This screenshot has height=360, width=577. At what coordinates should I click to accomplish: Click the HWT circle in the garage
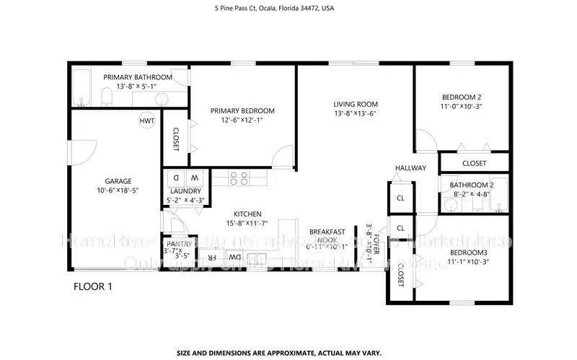pos(147,120)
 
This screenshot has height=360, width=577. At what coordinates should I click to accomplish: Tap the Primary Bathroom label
pos(137,77)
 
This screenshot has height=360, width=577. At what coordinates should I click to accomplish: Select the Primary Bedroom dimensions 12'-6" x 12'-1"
pos(242,120)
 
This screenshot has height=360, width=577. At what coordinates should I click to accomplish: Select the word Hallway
pos(410,168)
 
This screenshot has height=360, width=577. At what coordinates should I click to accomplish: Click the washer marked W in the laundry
pos(194,177)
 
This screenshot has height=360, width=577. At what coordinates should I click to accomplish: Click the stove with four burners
pos(239,177)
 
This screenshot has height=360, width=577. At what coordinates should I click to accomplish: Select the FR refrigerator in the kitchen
pos(212,258)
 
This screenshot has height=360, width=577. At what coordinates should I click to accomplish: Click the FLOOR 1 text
pos(93,286)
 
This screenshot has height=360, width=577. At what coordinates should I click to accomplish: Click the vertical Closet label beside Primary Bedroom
pos(175,139)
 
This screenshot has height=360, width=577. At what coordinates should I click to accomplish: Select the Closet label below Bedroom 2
pos(474,164)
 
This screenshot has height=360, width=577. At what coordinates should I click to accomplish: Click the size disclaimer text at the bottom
pos(288,333)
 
